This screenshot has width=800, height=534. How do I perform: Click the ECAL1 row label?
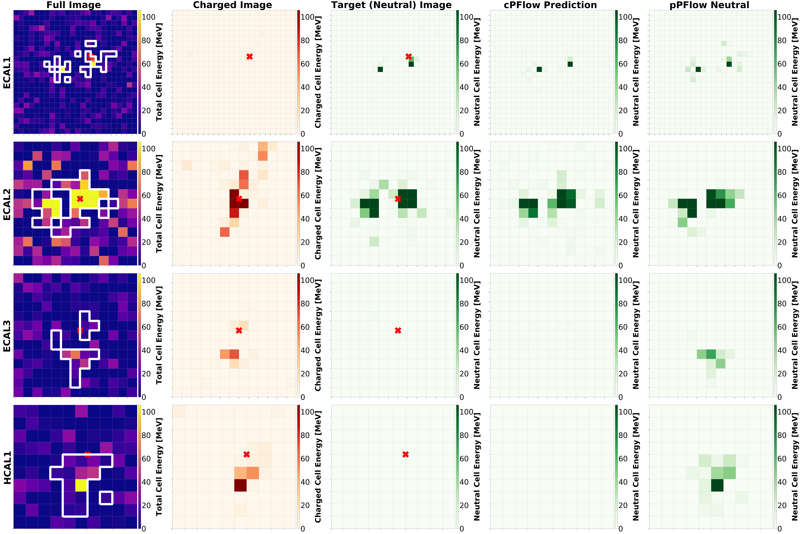(x=7, y=72)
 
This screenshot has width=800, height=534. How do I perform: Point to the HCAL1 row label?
(x=7, y=467)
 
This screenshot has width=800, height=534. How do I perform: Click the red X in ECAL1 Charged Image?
(x=250, y=57)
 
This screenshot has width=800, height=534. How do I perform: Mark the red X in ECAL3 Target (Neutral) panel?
(x=398, y=330)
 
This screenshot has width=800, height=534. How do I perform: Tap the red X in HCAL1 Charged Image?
(x=247, y=454)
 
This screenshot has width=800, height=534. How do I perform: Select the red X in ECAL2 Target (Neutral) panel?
(x=398, y=199)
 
